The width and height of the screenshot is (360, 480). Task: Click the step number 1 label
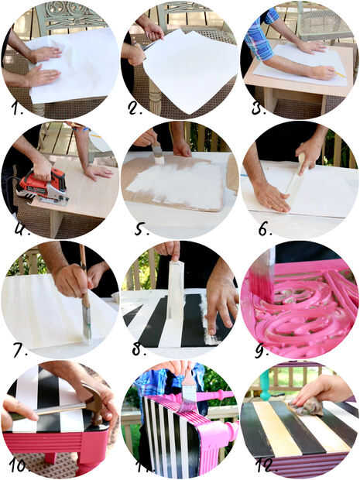(18, 108)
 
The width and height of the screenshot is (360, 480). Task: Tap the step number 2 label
(135, 108)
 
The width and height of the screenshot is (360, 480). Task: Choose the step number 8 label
(139, 348)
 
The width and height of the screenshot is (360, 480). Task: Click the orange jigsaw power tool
(43, 186)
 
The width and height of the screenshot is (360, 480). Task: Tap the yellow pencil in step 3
(340, 74)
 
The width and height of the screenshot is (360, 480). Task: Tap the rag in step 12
(308, 406)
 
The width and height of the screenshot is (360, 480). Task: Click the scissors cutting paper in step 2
(149, 46)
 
